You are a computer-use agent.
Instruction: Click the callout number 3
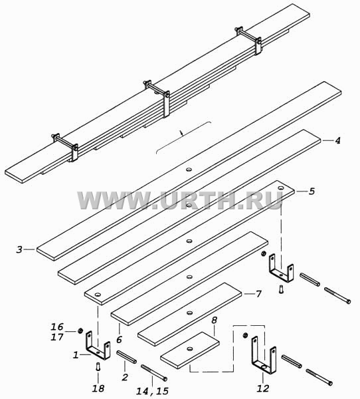pos(19,249)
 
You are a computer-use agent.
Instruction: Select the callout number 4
pos(337,140)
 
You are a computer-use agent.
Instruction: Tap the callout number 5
pos(312,191)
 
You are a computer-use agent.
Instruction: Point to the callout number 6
pos(120,339)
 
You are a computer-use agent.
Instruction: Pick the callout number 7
pos(258,294)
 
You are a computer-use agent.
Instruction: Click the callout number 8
pos(214,321)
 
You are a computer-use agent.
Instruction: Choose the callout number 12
pos(263,388)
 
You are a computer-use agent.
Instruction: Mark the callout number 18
pos(98,388)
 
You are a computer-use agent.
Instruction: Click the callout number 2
pos(125,377)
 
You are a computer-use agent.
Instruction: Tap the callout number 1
pos(76,355)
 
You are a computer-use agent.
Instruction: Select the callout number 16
pos(57,327)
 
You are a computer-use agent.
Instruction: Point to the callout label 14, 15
pos(153,392)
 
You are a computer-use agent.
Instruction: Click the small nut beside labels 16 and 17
pos(80,331)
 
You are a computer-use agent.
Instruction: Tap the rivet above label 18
pos(98,366)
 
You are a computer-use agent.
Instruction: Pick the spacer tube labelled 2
pos(126,356)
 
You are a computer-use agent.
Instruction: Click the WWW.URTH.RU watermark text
pos(180,201)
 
